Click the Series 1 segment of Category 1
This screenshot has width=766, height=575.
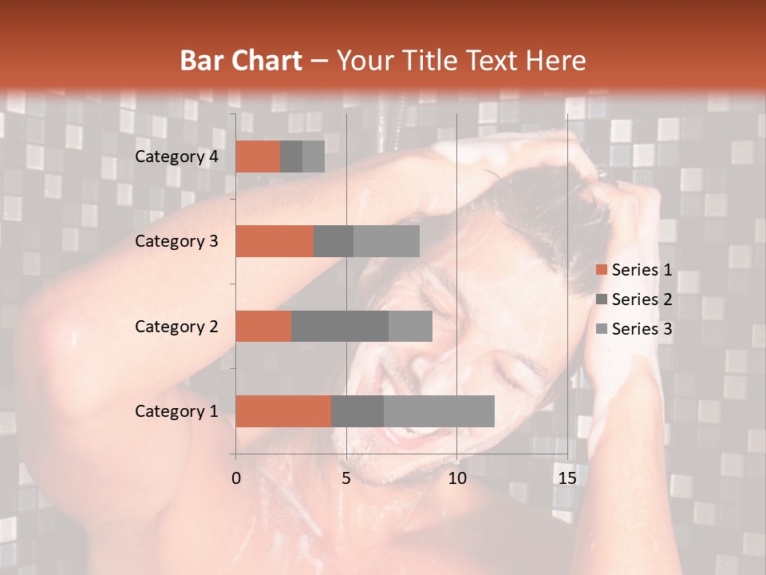tap(283, 410)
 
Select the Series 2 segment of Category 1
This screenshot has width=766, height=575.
tap(357, 410)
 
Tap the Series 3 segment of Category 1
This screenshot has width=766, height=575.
tap(439, 410)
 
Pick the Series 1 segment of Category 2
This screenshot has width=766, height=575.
tap(263, 326)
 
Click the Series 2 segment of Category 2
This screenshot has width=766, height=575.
tap(340, 326)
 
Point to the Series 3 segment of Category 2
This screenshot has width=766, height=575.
tap(410, 326)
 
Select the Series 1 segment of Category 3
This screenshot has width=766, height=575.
tap(274, 241)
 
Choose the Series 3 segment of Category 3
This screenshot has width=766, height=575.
tap(386, 241)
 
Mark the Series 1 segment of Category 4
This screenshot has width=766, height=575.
tap(258, 157)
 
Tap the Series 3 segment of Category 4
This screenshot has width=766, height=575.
tap(314, 157)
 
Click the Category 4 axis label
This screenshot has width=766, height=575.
tap(176, 157)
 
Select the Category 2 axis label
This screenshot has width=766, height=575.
tap(176, 326)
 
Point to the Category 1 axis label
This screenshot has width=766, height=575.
tap(176, 411)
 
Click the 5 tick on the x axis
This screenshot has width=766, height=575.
tap(346, 478)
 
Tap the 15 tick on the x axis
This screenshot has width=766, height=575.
tap(567, 478)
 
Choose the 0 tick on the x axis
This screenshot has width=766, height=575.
tap(236, 478)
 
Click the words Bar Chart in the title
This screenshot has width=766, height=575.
tap(241, 61)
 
